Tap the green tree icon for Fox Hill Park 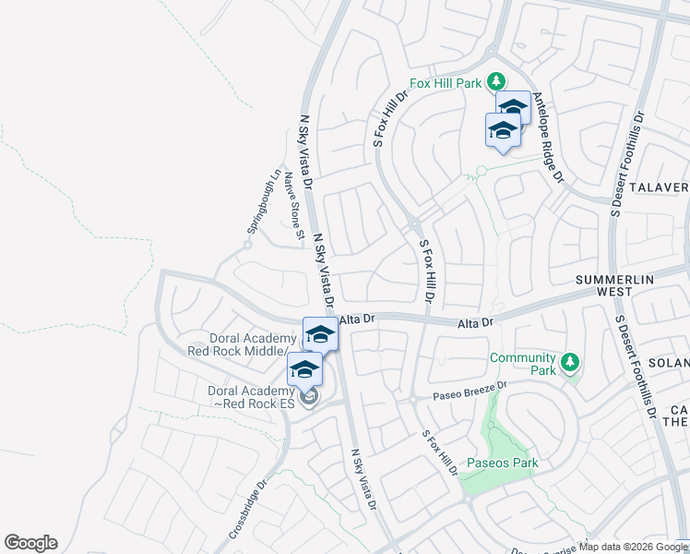(496, 81)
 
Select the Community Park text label (522, 364)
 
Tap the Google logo (30, 543)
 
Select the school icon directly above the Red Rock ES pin (304, 370)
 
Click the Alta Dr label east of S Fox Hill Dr (478, 322)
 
